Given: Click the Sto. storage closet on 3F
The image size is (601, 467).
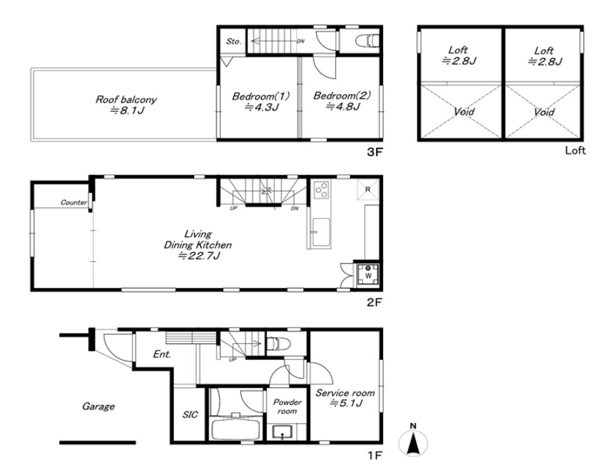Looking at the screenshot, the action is [x=233, y=41].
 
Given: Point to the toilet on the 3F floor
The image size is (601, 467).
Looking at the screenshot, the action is [x=367, y=41].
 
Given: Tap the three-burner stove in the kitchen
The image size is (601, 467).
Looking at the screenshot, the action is [x=321, y=189].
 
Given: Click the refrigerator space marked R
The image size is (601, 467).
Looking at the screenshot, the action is [x=368, y=189].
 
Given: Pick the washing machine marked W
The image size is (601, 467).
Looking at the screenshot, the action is [x=368, y=275].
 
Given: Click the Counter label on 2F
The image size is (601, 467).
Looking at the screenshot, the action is [x=73, y=203].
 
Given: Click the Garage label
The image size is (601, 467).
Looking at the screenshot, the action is [x=99, y=406].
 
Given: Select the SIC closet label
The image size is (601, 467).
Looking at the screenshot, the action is [x=190, y=414].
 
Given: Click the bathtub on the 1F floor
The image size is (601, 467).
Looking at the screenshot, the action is [x=236, y=430].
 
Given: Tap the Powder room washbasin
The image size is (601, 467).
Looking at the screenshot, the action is [x=282, y=432].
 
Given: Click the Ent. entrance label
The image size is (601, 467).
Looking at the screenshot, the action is [x=161, y=354].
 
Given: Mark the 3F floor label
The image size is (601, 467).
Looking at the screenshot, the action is [x=375, y=152].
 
